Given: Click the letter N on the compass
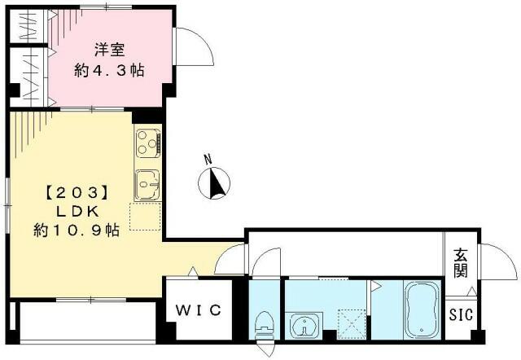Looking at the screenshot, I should point(208,159).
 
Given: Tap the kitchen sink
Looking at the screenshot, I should point(147,183).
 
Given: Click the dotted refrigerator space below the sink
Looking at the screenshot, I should point(147,213).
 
